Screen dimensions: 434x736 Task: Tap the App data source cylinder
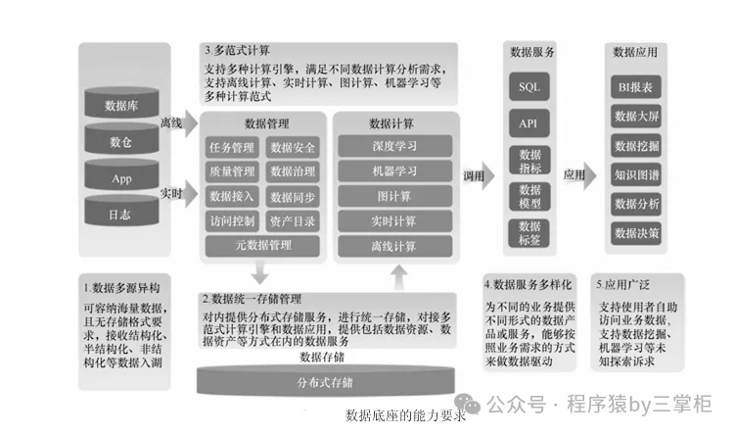(x=120, y=179)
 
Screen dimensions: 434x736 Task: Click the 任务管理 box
(x=232, y=148)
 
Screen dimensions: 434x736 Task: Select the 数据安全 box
(x=292, y=148)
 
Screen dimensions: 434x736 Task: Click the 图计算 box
(x=394, y=196)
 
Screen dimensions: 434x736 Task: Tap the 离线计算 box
(x=394, y=245)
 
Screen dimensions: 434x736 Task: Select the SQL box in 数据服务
(x=529, y=87)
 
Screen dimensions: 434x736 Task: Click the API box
(x=529, y=125)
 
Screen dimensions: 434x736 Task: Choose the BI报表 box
(x=637, y=87)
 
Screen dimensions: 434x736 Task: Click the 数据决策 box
(x=637, y=233)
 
